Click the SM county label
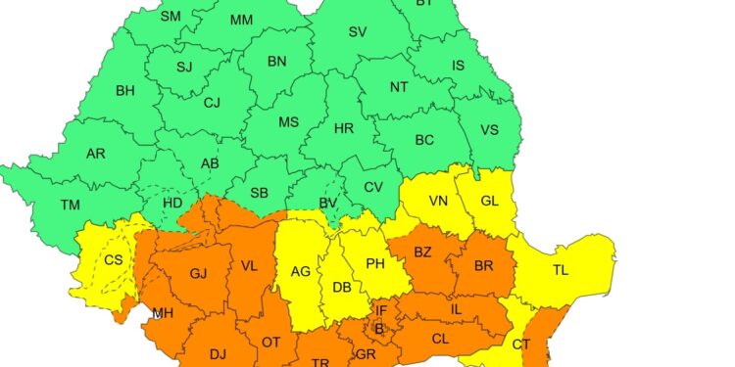[x=171, y=17]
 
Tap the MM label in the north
[x=241, y=20]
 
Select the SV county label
[x=358, y=31]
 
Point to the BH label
[x=125, y=91]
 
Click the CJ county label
[x=213, y=101]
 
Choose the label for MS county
[x=288, y=122]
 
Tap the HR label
[x=344, y=129]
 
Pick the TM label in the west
[x=70, y=205]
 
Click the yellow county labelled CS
[x=113, y=260]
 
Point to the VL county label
[x=249, y=265]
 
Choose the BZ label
[x=423, y=252]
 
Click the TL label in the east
[x=561, y=269]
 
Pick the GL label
[x=491, y=201]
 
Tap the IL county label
[x=456, y=308]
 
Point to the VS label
[x=489, y=130]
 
